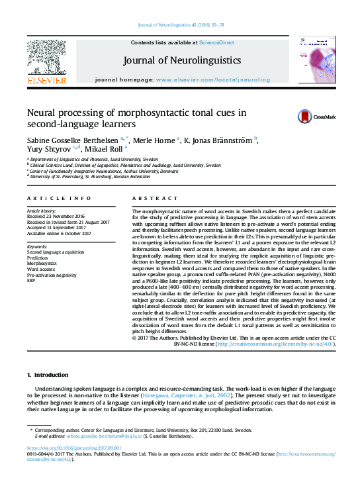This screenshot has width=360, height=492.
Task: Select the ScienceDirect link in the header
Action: point(218,42)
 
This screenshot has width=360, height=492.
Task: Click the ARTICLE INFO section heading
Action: point(59,198)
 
